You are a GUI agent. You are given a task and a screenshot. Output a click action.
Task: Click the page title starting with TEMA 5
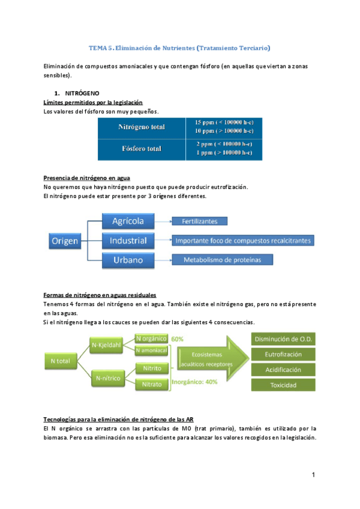[180, 47]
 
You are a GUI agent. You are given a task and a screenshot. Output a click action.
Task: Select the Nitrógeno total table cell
[142, 127]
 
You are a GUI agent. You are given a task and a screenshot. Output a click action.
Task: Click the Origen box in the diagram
[65, 241]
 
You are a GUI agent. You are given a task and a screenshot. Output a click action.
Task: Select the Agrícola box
[128, 221]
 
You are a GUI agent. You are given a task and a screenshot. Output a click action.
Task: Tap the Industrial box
[128, 241]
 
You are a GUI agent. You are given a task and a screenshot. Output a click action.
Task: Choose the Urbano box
[128, 260]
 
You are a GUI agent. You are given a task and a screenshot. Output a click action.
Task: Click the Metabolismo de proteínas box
[222, 260]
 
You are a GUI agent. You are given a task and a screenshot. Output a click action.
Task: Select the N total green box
[62, 361]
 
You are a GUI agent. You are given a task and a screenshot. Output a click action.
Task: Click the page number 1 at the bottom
[313, 475]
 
